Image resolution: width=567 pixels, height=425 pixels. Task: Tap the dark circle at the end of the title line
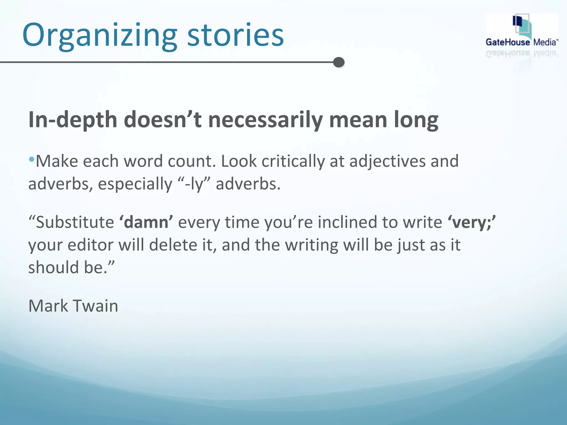tap(339, 62)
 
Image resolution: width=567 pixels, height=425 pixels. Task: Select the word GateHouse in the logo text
tap(508, 42)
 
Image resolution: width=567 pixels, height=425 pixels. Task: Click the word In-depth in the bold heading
tap(73, 120)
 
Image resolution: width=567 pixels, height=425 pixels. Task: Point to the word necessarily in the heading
tap(265, 120)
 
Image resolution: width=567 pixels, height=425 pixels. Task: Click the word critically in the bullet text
tap(293, 161)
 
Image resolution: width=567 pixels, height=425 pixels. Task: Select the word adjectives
tap(387, 161)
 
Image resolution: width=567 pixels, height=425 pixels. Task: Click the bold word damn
tap(146, 222)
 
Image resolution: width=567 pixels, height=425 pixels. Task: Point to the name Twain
tap(96, 306)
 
